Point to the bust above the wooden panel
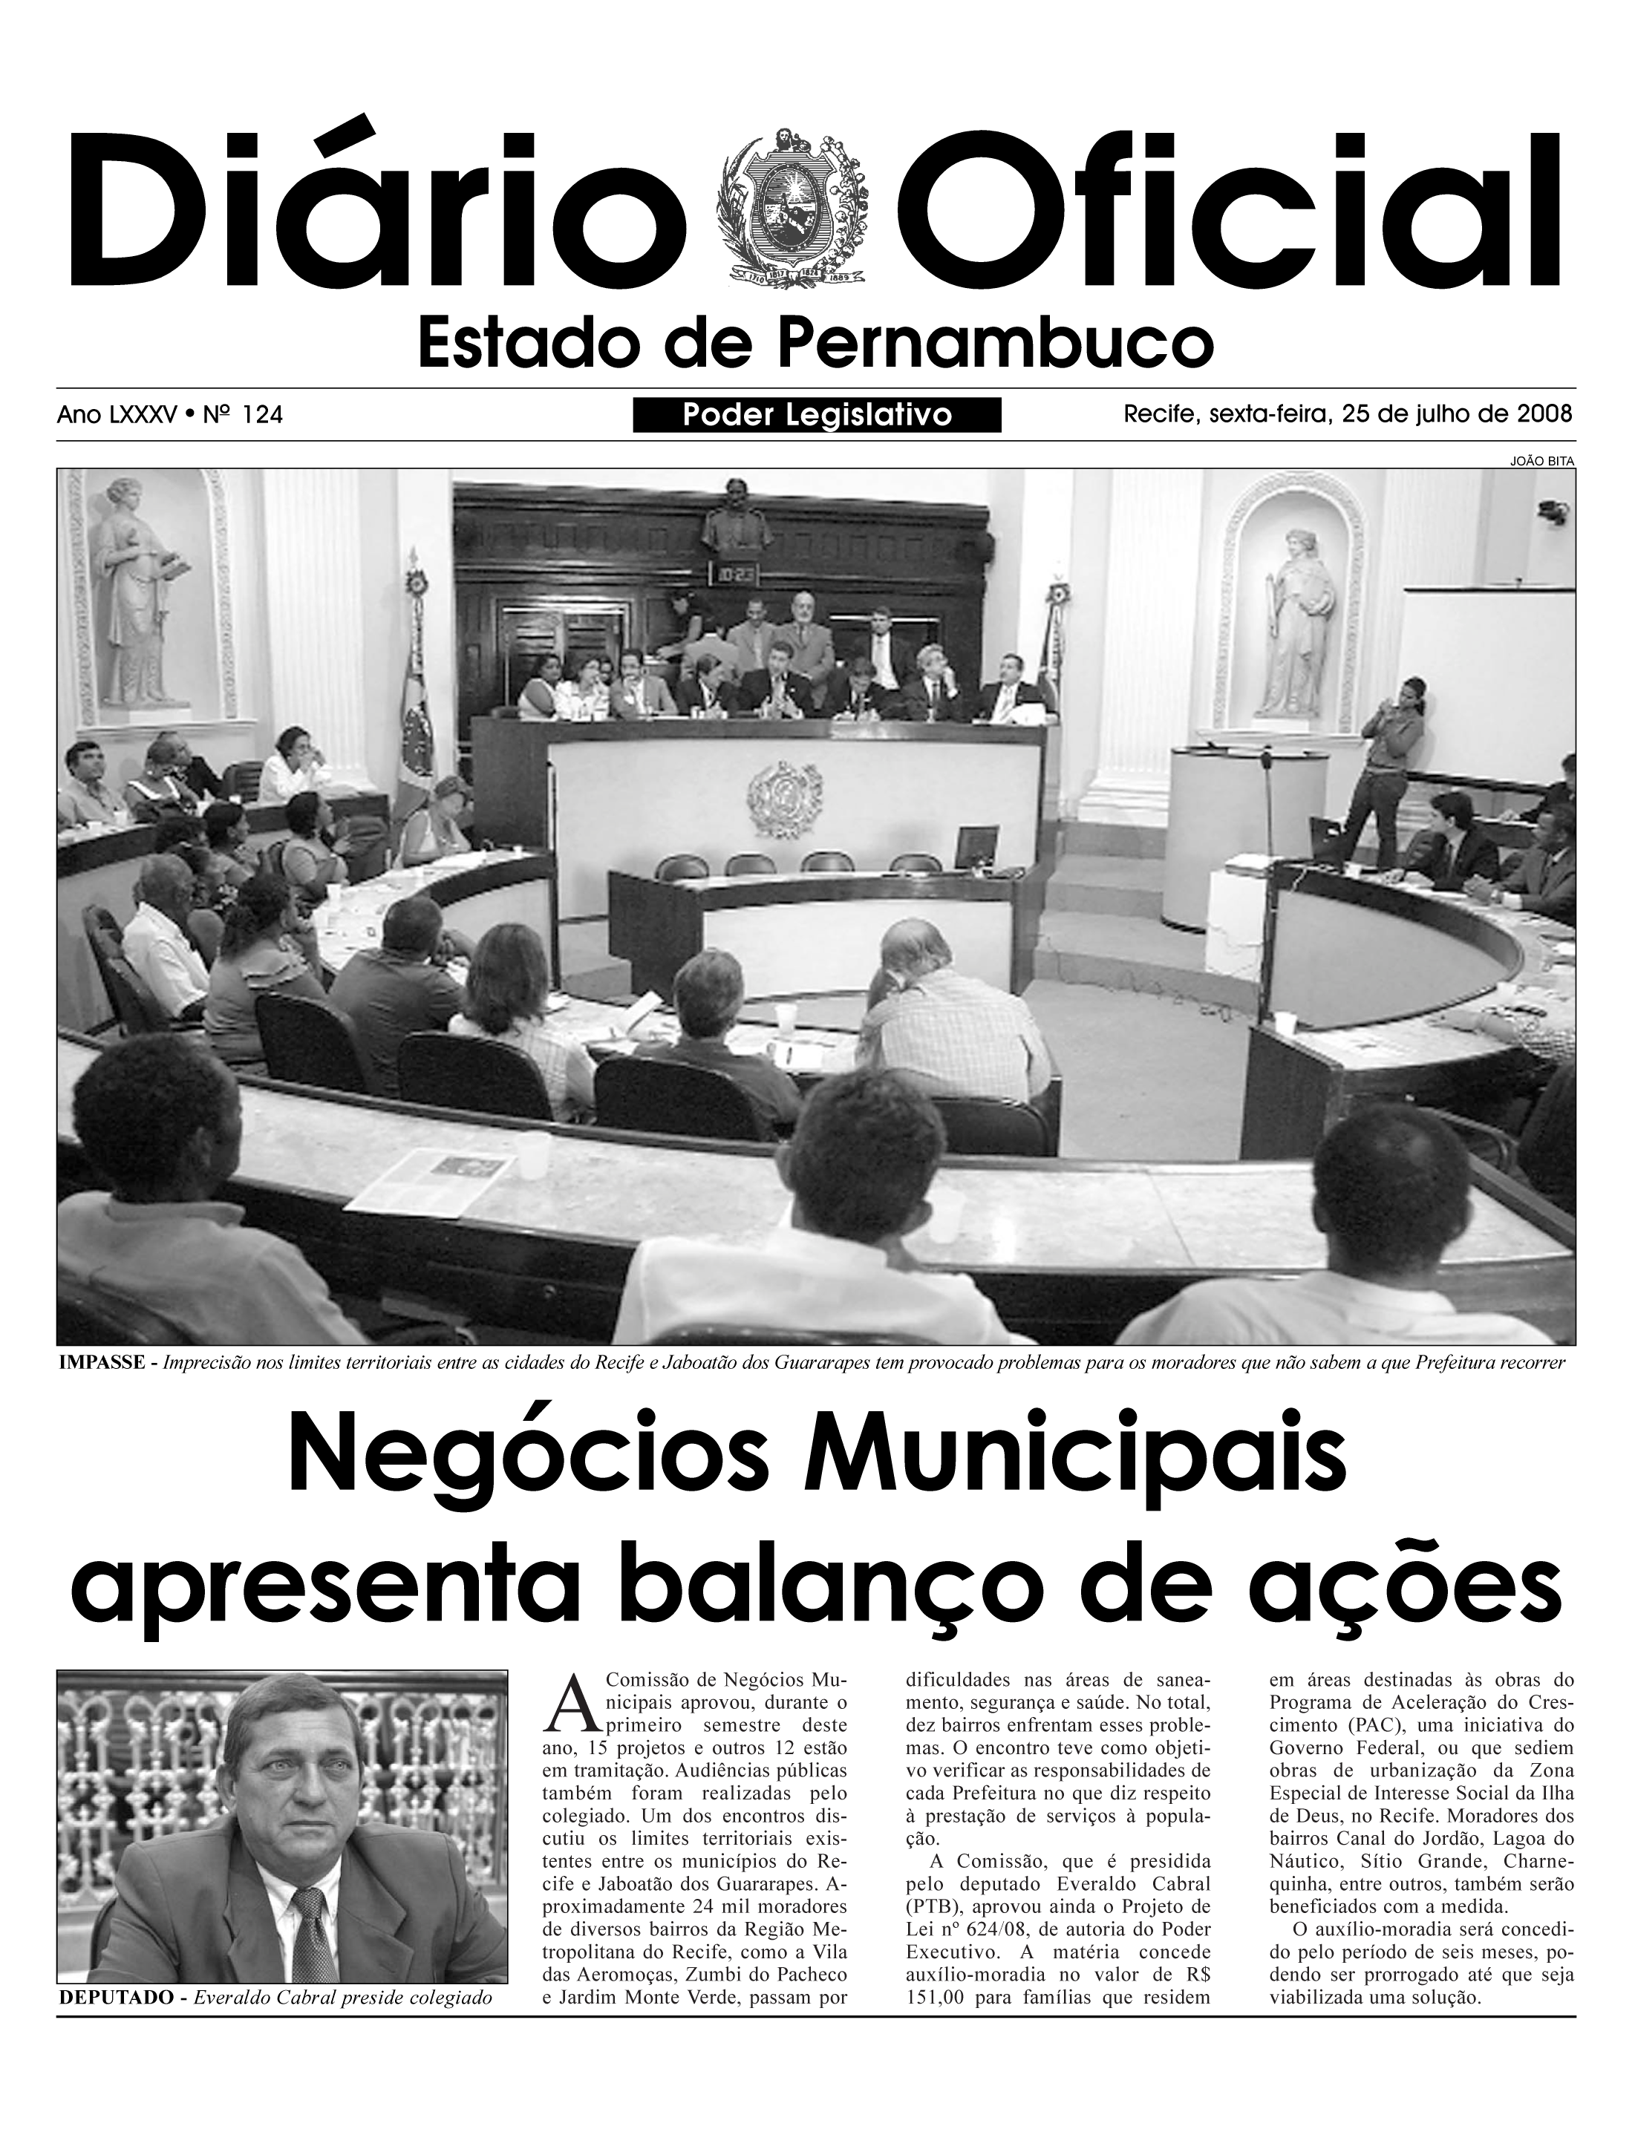click(737, 513)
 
